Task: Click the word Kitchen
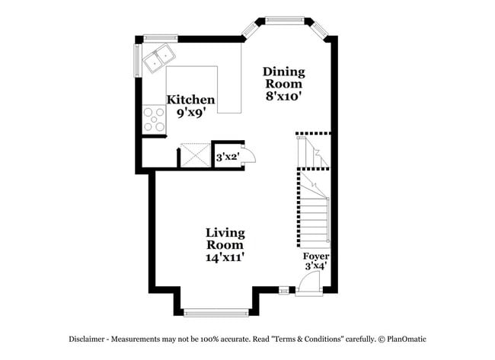[191, 100]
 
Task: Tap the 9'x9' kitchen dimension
[191, 113]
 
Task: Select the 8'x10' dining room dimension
[283, 96]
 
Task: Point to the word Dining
[283, 72]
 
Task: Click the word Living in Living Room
[225, 232]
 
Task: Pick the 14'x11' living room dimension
[225, 257]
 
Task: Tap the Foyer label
[316, 256]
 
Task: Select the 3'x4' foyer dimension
[316, 267]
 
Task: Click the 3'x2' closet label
[228, 158]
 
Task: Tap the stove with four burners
[154, 119]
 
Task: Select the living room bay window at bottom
[216, 311]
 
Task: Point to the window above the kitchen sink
[160, 37]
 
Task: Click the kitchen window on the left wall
[138, 61]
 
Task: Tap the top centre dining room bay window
[284, 20]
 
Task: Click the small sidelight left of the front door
[283, 289]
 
